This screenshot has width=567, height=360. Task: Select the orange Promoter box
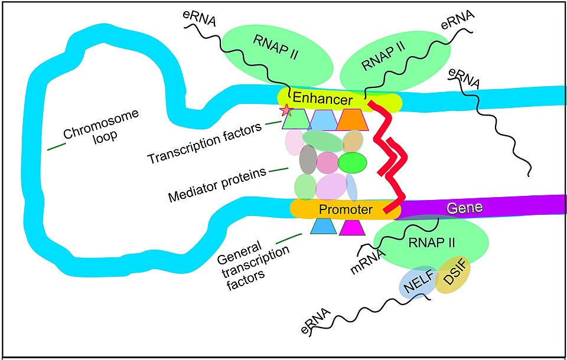[x=346, y=209]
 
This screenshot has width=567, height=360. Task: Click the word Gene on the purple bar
[x=465, y=208]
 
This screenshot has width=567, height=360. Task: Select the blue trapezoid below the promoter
[x=323, y=227]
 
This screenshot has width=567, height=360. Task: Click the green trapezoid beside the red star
[x=295, y=120]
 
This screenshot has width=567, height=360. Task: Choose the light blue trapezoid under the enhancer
[x=323, y=120]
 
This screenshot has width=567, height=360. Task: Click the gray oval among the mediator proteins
[x=308, y=159]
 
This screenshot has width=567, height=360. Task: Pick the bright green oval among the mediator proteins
[x=353, y=161]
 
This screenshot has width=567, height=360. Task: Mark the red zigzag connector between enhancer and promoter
[x=391, y=159]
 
